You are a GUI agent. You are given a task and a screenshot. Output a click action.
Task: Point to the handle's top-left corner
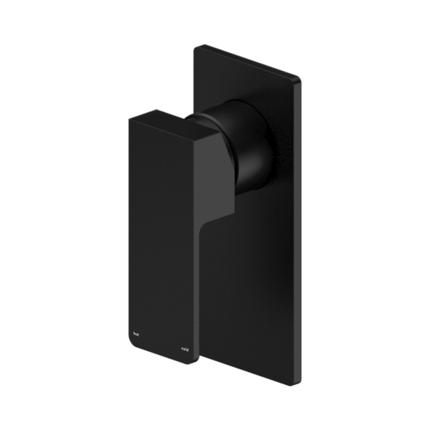pos(128,118)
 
